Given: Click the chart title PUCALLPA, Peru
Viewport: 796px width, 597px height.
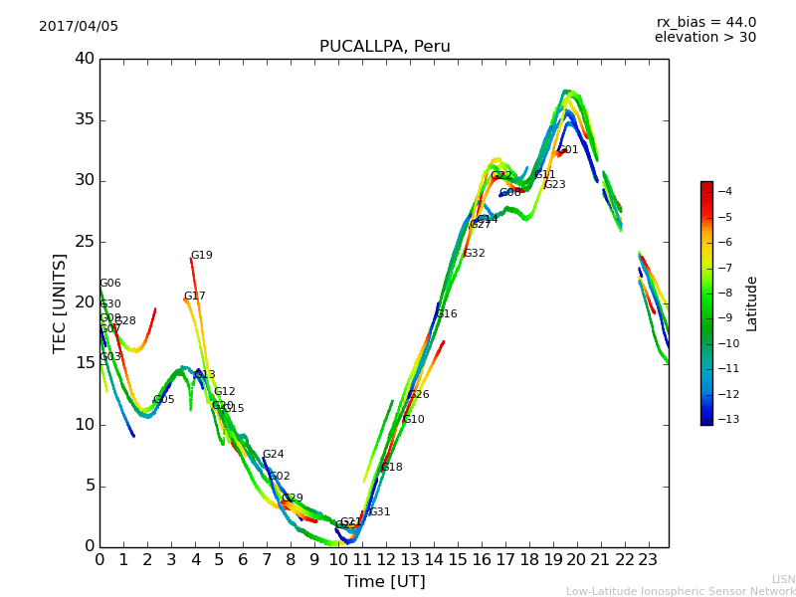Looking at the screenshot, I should pos(384,47).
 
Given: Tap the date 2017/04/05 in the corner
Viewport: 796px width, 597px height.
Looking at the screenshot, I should pos(79,27).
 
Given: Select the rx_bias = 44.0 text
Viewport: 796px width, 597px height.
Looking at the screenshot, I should pos(705,23).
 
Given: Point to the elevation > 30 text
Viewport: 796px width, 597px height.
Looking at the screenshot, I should pos(704,38).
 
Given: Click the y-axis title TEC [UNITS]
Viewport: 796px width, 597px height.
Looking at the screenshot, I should pos(61,302).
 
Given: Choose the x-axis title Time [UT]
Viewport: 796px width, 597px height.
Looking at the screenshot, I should pos(384,582).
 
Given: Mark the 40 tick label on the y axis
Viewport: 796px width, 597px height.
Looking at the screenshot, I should pos(85,59).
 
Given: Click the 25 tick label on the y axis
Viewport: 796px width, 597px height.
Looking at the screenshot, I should pos(85,242).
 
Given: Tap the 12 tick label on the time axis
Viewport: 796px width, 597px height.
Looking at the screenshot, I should pos(386,560).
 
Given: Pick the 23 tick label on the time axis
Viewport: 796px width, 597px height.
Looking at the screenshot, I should pos(649,560).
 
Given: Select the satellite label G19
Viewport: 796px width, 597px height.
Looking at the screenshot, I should pos(202,256).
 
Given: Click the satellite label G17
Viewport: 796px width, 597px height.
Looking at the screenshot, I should pos(195,297).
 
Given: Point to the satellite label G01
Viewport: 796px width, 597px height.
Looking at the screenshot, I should pos(568,150).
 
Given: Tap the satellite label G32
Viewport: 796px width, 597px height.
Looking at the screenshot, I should pos(475,254).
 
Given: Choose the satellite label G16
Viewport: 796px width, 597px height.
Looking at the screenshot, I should pos(447,314).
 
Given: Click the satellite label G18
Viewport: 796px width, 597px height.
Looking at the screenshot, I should pos(392,468).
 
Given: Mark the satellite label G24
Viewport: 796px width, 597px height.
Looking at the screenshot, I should pos(274,455).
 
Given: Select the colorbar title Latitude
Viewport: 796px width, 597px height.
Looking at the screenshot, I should pos(752,302).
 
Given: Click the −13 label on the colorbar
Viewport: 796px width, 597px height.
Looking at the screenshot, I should pos(724,420).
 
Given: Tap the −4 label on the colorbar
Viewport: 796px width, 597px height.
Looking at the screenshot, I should pos(724,192).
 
